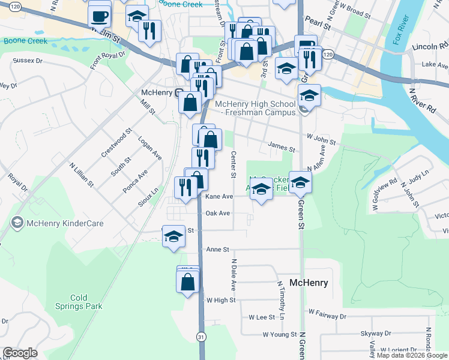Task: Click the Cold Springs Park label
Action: click(x=86, y=302)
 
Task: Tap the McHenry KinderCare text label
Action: click(x=64, y=223)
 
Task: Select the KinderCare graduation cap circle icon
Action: click(x=17, y=223)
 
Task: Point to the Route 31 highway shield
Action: click(x=200, y=338)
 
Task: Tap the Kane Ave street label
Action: click(x=218, y=196)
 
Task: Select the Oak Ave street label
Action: click(x=217, y=213)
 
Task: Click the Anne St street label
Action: click(x=217, y=249)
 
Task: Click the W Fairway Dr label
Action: click(x=327, y=313)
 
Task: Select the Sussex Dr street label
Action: click(x=28, y=61)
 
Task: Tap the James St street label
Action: click(x=282, y=148)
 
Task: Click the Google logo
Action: click(x=20, y=353)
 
